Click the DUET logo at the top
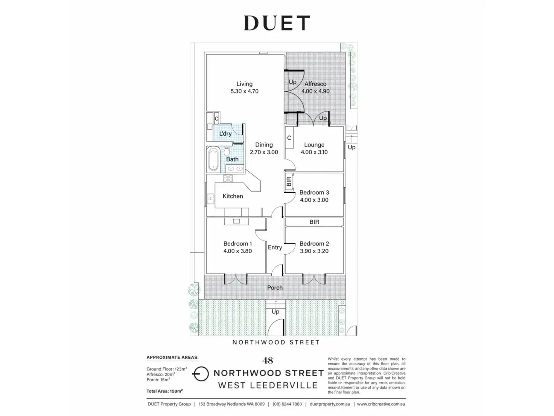pyautogui.click(x=277, y=23)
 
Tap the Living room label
pyautogui.click(x=244, y=84)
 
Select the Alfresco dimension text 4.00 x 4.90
pyautogui.click(x=315, y=91)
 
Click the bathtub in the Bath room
pyautogui.click(x=213, y=159)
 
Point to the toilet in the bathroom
pyautogui.click(x=227, y=151)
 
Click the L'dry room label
pyautogui.click(x=225, y=134)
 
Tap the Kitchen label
pyautogui.click(x=233, y=196)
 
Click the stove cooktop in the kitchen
pyautogui.click(x=228, y=178)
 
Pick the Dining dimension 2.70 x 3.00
pyautogui.click(x=264, y=152)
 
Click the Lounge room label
pyautogui.click(x=314, y=145)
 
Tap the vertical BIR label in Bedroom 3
pyautogui.click(x=289, y=182)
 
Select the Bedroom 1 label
pyautogui.click(x=237, y=244)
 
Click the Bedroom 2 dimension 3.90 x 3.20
pyautogui.click(x=314, y=251)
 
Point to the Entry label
pyautogui.click(x=275, y=248)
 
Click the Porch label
pyautogui.click(x=275, y=288)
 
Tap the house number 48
pyautogui.click(x=268, y=361)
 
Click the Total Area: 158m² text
pyautogui.click(x=164, y=391)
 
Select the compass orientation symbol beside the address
pyautogui.click(x=201, y=374)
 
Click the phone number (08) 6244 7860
pyautogui.click(x=287, y=404)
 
